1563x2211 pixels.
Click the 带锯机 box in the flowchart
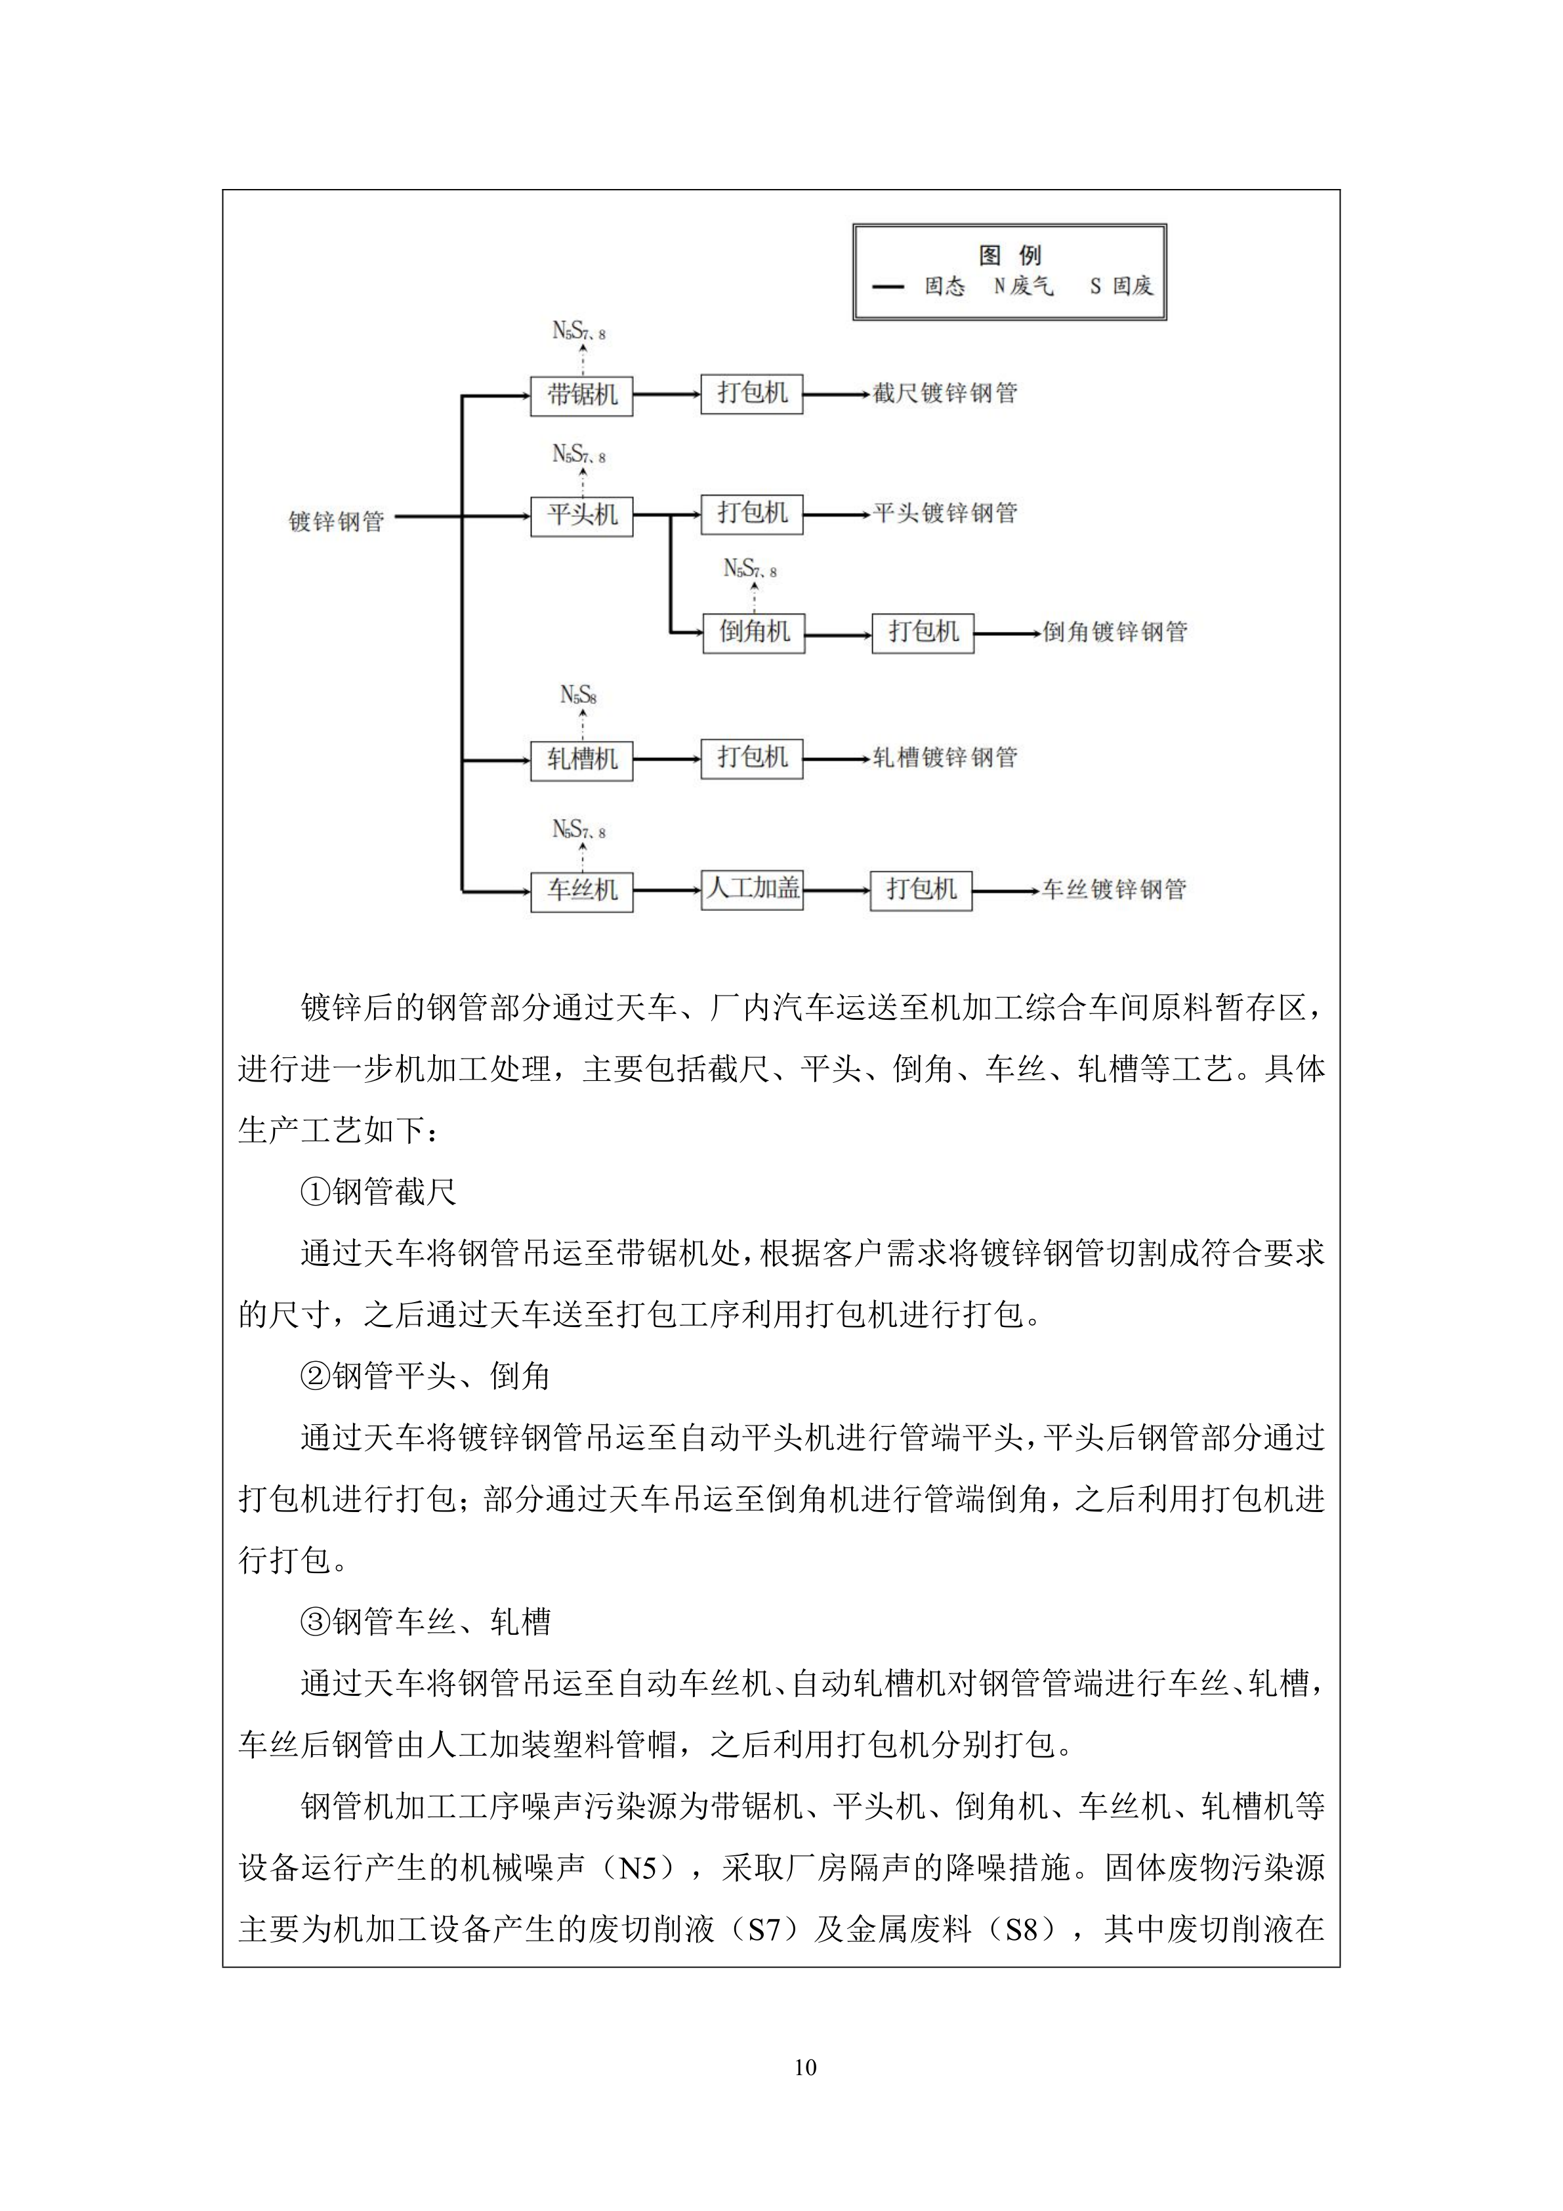pyautogui.click(x=581, y=396)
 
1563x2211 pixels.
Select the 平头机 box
pyautogui.click(x=581, y=515)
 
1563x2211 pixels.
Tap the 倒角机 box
pyautogui.click(x=753, y=633)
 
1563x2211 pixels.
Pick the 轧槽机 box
pyautogui.click(x=581, y=760)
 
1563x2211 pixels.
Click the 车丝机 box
pyautogui.click(x=581, y=891)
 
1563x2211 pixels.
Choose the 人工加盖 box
pyautogui.click(x=751, y=889)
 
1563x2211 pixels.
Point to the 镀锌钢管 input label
pyautogui.click(x=336, y=521)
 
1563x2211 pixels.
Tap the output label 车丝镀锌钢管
pyautogui.click(x=1114, y=890)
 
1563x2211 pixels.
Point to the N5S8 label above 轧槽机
pyautogui.click(x=579, y=694)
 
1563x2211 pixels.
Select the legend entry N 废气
pyautogui.click(x=1024, y=286)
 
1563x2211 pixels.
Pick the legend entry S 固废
pyautogui.click(x=1121, y=286)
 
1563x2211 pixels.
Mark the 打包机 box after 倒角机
pyautogui.click(x=922, y=633)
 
